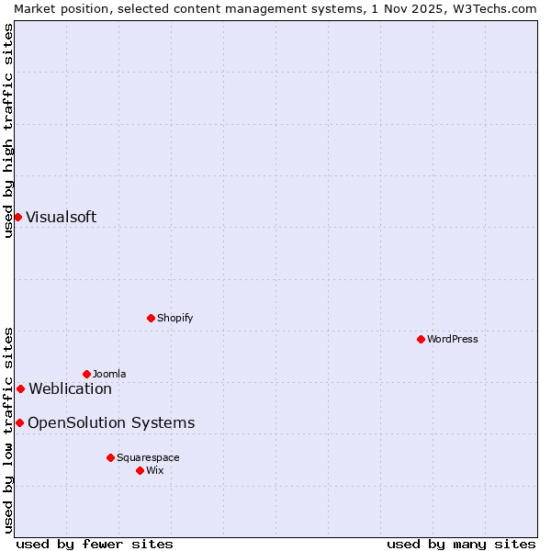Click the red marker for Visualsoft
click(17, 217)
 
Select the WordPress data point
click(421, 339)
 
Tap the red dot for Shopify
click(151, 318)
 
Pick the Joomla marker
click(86, 374)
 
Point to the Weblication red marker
click(20, 388)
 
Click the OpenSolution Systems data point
click(19, 422)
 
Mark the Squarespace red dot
click(110, 457)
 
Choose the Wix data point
click(140, 470)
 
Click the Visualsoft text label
click(61, 218)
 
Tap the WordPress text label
click(453, 339)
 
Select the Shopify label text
click(174, 318)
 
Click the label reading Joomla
click(109, 374)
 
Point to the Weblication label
click(70, 389)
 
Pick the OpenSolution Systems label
click(111, 423)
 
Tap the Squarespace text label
click(148, 457)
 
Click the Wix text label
click(154, 470)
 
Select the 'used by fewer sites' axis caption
click(95, 544)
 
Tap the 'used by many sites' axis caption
click(460, 544)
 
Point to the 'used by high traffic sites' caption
click(8, 130)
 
